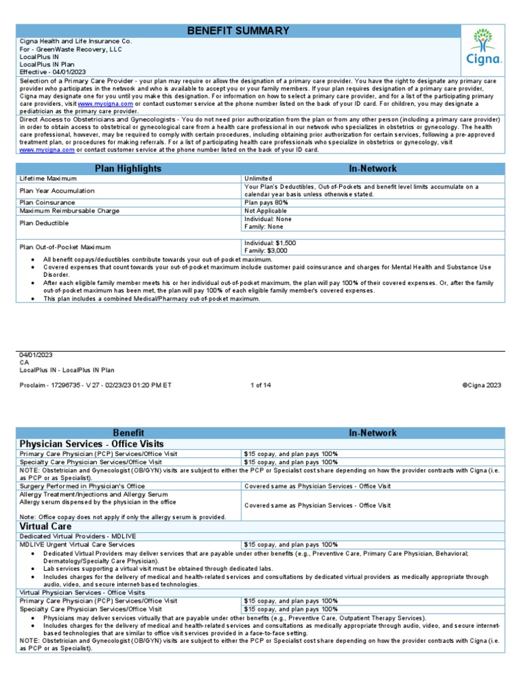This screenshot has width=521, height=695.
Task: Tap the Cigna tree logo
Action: [x=483, y=46]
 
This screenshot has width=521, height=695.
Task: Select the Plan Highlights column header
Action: [x=128, y=168]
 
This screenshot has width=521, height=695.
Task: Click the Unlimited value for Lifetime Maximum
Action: [x=258, y=179]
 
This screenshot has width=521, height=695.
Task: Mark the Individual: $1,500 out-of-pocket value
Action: [x=270, y=242]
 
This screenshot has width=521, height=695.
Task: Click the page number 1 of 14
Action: [x=260, y=385]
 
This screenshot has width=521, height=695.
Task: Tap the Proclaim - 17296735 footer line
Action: [x=96, y=385]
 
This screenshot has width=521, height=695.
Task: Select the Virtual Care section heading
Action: [x=45, y=526]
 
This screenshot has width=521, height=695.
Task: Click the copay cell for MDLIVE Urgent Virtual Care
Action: [x=290, y=544]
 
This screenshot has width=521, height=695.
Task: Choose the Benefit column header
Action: [x=128, y=432]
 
